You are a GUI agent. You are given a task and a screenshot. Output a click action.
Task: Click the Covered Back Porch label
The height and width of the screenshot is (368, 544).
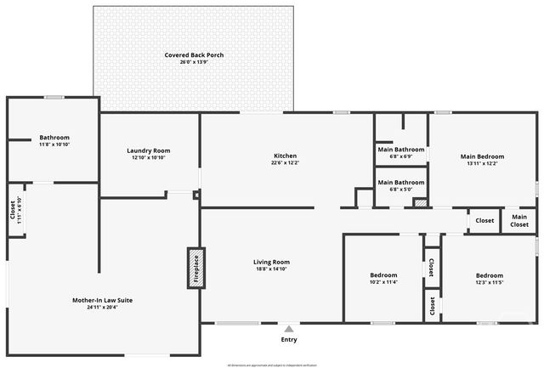tap(194, 55)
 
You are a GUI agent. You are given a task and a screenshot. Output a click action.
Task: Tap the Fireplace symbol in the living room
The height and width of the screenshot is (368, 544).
tap(195, 269)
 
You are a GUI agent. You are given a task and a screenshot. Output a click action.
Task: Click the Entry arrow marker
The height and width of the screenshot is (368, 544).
tap(289, 329)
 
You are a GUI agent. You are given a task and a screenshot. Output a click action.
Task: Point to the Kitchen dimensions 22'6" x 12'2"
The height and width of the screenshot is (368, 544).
tap(285, 163)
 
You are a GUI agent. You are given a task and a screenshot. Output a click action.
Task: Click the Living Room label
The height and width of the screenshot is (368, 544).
tap(271, 262)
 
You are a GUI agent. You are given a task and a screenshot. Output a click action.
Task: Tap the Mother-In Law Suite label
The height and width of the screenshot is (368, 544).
tap(102, 300)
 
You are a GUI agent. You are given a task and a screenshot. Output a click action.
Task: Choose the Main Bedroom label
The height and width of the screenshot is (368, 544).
tap(482, 156)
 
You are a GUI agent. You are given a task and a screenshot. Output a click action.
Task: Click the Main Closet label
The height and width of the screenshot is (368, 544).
tap(518, 221)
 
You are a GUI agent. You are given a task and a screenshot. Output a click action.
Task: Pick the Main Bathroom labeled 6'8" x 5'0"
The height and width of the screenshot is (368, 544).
tap(400, 182)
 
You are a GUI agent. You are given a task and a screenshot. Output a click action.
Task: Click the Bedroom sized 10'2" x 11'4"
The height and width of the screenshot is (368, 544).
tap(383, 275)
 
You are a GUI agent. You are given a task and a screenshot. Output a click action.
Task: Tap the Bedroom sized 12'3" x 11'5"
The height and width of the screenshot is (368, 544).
tap(489, 275)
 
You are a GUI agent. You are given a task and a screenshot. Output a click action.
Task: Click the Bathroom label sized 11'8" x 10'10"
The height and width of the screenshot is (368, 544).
tap(54, 138)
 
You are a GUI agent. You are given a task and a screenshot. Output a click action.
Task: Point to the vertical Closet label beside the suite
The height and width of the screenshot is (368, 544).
tap(13, 207)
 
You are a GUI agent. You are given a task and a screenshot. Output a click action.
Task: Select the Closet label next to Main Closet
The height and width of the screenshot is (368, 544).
tap(484, 221)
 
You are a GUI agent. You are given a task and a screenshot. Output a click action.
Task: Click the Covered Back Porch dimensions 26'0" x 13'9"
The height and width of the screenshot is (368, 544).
tap(194, 62)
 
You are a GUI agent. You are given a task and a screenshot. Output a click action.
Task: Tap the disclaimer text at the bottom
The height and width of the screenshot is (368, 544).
tap(271, 365)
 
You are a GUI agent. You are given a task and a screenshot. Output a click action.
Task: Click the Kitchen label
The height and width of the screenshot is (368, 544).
tap(285, 156)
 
